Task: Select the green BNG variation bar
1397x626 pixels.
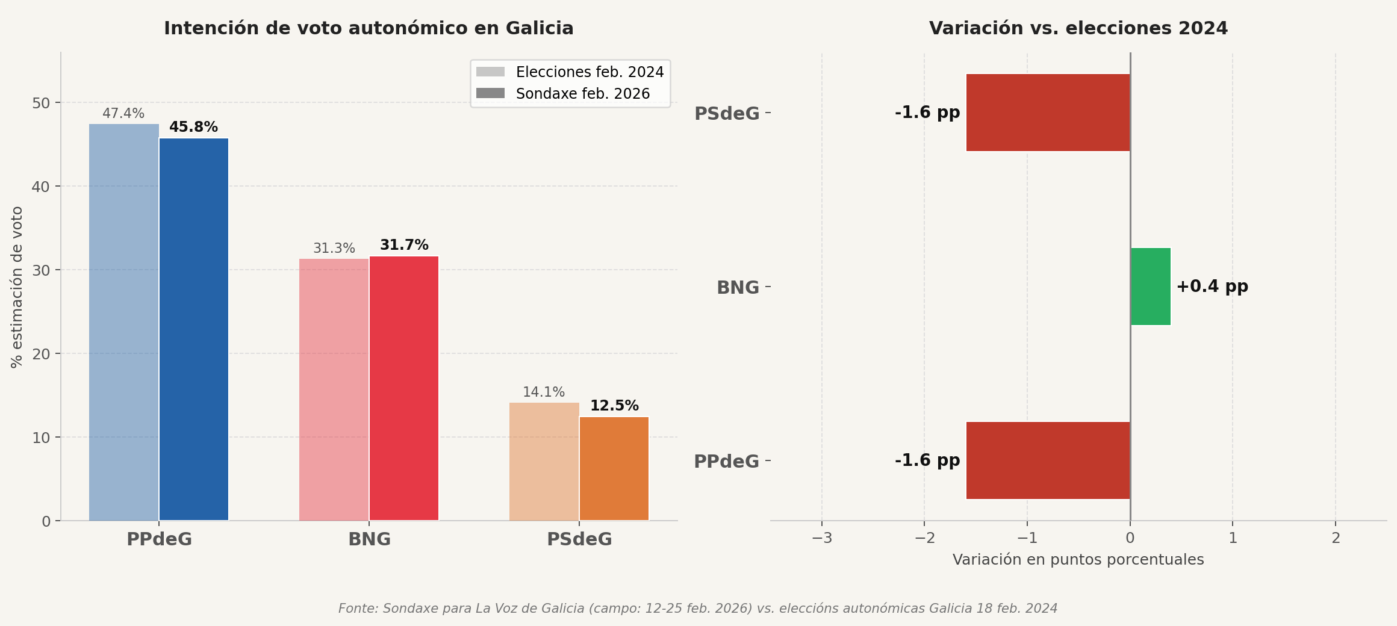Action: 1151,287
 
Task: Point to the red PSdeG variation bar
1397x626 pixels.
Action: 1048,113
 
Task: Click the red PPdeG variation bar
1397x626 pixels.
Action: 1048,460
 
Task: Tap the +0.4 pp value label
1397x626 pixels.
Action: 1212,287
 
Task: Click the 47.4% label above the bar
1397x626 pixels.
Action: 123,114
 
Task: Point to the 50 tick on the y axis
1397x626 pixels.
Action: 41,103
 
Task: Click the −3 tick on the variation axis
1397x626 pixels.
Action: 821,538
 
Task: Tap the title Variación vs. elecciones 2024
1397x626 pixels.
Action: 1078,28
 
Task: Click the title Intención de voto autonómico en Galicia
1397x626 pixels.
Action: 369,28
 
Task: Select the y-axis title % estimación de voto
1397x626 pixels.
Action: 17,287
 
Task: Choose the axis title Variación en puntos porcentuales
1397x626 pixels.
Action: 1078,560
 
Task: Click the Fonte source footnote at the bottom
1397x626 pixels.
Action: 697,609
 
